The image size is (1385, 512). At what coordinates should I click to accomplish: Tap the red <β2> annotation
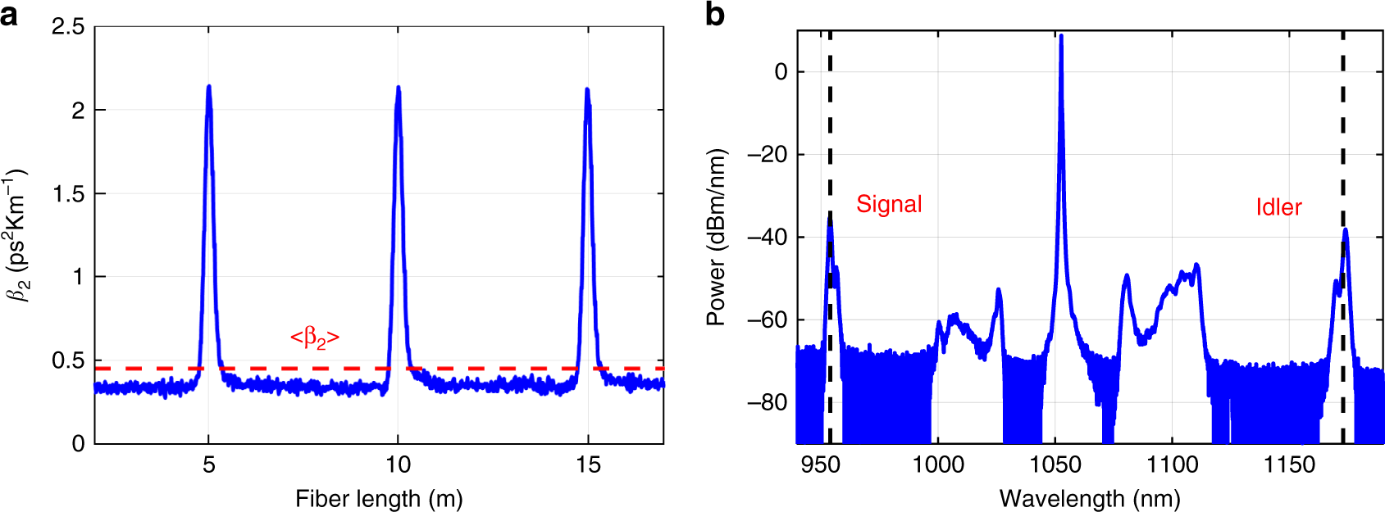click(315, 337)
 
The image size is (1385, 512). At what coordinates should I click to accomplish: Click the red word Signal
click(889, 204)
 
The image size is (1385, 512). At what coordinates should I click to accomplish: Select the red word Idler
click(1278, 207)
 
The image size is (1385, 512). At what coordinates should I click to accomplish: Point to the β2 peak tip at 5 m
click(209, 86)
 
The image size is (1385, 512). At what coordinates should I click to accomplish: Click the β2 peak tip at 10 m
click(399, 87)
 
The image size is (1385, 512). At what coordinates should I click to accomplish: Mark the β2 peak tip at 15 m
click(587, 89)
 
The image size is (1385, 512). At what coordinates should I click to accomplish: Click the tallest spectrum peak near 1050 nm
click(1061, 35)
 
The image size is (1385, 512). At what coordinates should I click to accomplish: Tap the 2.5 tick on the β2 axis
click(68, 27)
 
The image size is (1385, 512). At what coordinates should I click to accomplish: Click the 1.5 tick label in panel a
click(68, 194)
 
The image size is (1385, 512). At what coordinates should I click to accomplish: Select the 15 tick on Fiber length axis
click(588, 465)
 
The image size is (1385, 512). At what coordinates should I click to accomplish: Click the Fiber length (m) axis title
click(379, 498)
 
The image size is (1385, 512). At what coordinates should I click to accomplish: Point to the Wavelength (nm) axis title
click(1090, 498)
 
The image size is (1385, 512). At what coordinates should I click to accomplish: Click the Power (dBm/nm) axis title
click(716, 238)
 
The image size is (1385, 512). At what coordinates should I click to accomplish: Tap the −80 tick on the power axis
click(768, 402)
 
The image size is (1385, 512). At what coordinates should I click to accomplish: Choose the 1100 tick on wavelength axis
click(1172, 465)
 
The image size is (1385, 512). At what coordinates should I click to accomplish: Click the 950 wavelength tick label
click(820, 465)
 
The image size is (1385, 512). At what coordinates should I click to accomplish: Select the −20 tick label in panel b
click(768, 155)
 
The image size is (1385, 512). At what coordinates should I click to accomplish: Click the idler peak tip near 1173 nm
click(1346, 230)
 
